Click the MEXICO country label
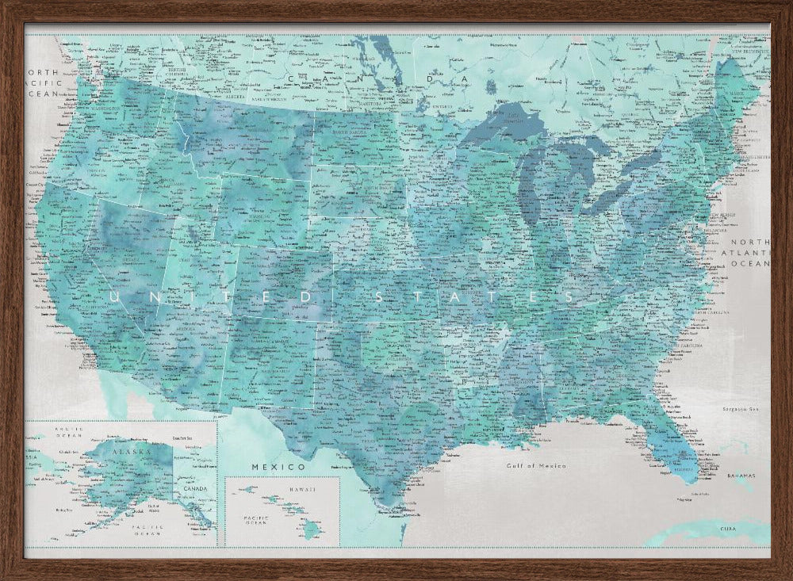267,467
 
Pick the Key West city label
681,500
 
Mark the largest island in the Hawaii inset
310,528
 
